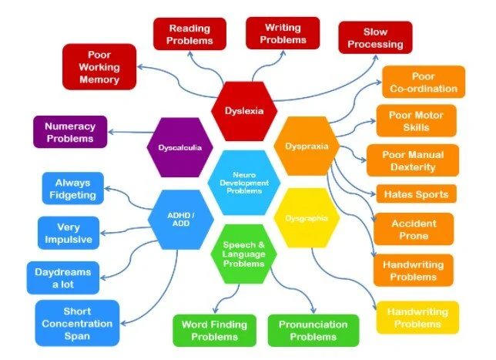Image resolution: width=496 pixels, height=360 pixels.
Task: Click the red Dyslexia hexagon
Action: click(243, 110)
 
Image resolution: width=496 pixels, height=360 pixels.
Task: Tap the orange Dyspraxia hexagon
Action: click(307, 146)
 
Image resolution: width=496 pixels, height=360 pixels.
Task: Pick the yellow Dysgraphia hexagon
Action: click(307, 218)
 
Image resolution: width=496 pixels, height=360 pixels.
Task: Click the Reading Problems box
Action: click(189, 35)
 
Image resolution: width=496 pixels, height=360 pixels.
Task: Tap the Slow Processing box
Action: click(375, 38)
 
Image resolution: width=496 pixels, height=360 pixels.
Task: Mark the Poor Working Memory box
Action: click(99, 66)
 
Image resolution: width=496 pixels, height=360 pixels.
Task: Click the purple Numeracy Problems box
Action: click(69, 132)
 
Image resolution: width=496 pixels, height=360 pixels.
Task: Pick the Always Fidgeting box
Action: click(72, 189)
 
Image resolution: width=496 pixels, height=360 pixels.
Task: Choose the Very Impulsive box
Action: click(69, 234)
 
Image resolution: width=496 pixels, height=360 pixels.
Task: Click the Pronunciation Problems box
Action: click(313, 330)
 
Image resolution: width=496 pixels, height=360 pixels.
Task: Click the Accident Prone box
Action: click(414, 229)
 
